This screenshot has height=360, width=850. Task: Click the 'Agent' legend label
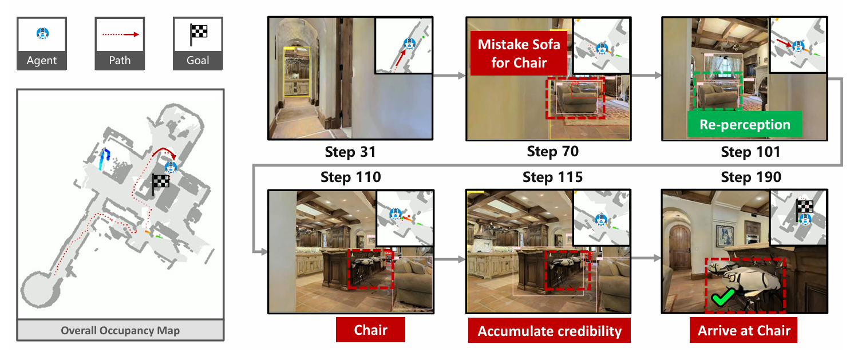pos(42,60)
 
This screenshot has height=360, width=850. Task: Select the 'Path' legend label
pos(120,60)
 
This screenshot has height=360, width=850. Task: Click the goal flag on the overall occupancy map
pos(160,184)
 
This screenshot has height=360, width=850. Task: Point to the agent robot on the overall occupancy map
pos(171,167)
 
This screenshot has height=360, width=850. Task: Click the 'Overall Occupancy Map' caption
pos(120,330)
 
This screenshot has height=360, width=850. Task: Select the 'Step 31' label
pos(350,152)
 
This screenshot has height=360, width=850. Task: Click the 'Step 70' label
pos(552,151)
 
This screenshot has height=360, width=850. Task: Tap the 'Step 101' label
pos(750,152)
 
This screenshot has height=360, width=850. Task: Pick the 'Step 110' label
pos(351,177)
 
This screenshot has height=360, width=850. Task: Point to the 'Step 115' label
pos(552,177)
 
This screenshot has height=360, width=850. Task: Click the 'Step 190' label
pos(751,177)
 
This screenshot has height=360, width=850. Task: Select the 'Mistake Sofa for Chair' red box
pos(519,53)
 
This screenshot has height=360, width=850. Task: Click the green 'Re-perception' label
pos(745,124)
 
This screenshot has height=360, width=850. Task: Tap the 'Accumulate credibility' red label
pos(549,331)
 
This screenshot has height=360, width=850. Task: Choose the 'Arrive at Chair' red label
pos(744,330)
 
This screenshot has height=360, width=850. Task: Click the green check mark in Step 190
pos(723,297)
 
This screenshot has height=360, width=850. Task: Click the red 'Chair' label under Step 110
pos(370,330)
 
